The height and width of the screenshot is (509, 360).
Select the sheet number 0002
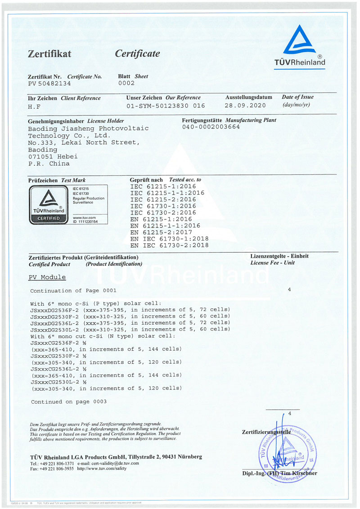click(x=126, y=83)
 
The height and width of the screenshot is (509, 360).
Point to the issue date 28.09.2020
click(x=245, y=106)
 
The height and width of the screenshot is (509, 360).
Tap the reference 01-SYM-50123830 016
click(x=166, y=106)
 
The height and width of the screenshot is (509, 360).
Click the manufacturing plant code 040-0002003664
click(x=211, y=127)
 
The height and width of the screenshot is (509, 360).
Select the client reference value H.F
click(x=34, y=106)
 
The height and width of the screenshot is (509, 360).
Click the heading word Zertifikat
click(x=49, y=54)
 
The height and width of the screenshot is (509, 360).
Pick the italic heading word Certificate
click(x=137, y=54)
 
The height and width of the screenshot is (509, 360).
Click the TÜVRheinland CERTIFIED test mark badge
click(x=47, y=205)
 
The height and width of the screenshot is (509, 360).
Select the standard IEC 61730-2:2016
click(x=163, y=212)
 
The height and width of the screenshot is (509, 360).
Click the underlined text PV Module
click(x=47, y=277)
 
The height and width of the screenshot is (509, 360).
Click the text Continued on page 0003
click(x=69, y=402)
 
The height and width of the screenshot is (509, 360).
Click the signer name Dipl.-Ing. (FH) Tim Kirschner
click(x=279, y=473)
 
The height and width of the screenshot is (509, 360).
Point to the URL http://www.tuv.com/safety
click(x=102, y=469)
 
